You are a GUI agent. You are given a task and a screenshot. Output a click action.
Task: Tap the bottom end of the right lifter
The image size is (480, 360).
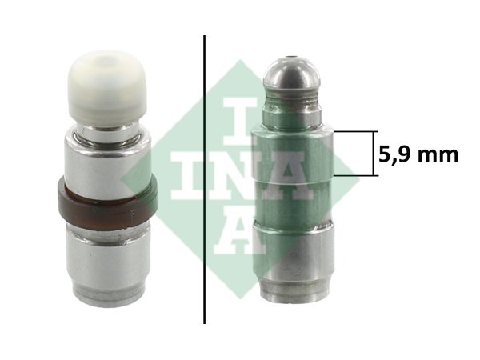294,294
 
